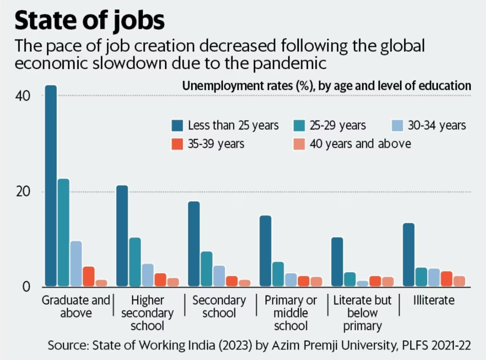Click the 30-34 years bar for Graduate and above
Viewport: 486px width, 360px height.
76,264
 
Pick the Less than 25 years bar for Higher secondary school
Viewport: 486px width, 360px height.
122,236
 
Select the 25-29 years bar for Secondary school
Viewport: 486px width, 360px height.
206,269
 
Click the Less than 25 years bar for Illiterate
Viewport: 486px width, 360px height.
409,255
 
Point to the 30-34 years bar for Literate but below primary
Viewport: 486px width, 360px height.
362,283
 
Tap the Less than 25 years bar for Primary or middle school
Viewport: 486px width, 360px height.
265,251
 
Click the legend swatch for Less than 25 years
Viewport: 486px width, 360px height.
177,125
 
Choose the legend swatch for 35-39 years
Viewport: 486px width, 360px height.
177,144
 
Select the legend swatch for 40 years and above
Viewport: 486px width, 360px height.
299,144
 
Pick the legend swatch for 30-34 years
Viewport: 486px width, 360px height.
397,125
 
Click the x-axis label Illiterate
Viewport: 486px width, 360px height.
434,300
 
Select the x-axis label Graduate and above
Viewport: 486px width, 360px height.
76,306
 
